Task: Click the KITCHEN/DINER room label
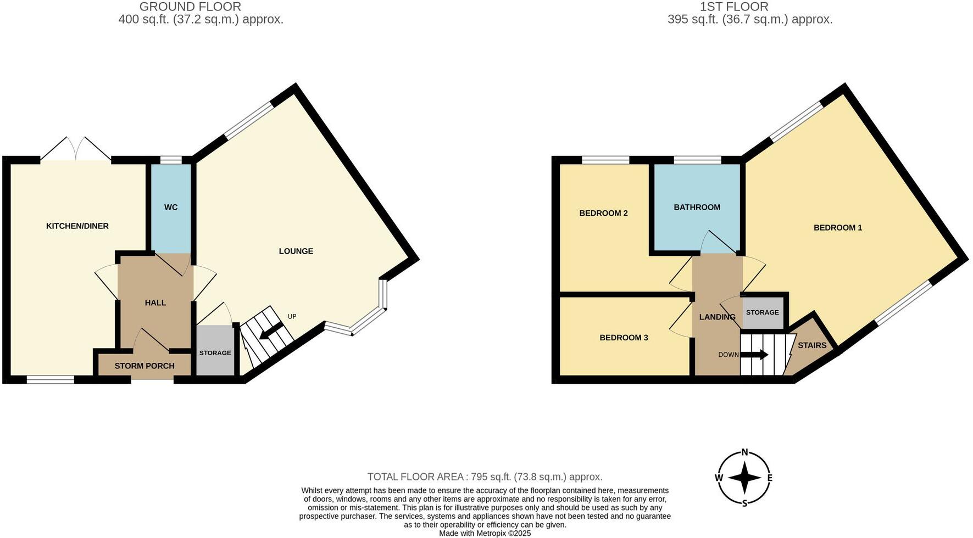(x=77, y=226)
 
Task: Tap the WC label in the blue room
(x=171, y=208)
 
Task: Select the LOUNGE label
(x=296, y=251)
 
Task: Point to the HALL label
(x=155, y=303)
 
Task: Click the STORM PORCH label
(x=144, y=366)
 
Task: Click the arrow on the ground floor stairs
(x=271, y=332)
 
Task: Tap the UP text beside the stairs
(x=292, y=317)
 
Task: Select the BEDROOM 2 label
(x=603, y=214)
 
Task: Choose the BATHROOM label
(x=697, y=208)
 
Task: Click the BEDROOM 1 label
(x=838, y=228)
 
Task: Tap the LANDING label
(x=717, y=317)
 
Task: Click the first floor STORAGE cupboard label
(x=762, y=312)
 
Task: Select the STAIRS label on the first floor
(x=812, y=346)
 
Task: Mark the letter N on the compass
(x=745, y=453)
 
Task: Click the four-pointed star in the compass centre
(x=744, y=478)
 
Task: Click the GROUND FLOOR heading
(x=190, y=7)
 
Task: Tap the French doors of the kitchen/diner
(x=76, y=149)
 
